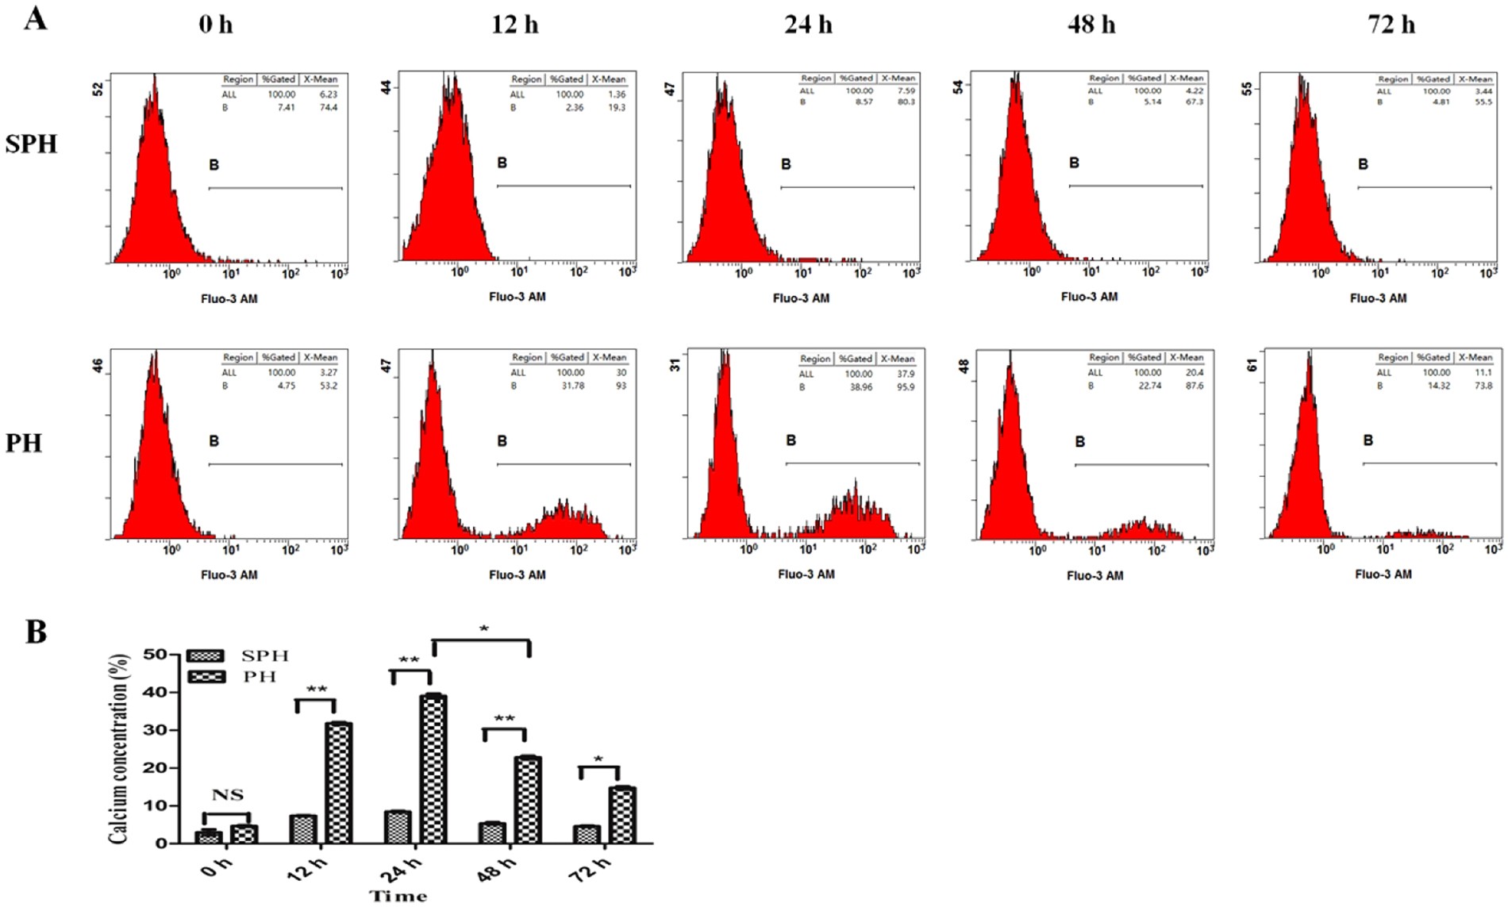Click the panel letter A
[x=35, y=17]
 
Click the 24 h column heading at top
[x=808, y=25]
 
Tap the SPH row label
[x=31, y=144]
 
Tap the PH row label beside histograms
[x=23, y=443]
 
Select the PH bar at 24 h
[x=433, y=768]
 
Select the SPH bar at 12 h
[x=302, y=828]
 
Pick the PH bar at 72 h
[x=622, y=814]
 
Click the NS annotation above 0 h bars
[x=227, y=795]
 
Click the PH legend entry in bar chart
[x=260, y=677]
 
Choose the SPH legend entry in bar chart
[x=264, y=656]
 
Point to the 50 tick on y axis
[x=155, y=655]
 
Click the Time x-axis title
[x=398, y=896]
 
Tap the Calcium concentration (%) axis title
[x=118, y=748]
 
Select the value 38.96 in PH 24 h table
[x=860, y=387]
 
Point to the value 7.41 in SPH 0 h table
[x=286, y=107]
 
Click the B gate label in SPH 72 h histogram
[x=1363, y=164]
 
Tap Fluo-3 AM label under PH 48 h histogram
[x=1094, y=575]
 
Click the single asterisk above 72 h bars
[x=598, y=759]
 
